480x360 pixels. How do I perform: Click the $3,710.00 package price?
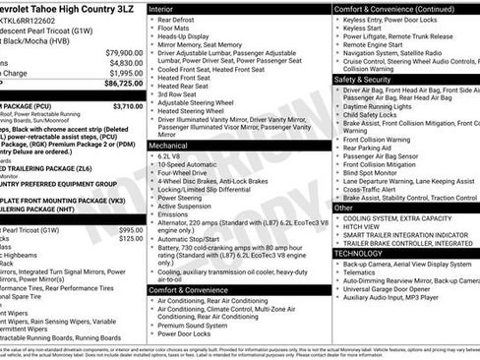point(127,106)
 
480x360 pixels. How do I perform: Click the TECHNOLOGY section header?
point(360,254)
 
